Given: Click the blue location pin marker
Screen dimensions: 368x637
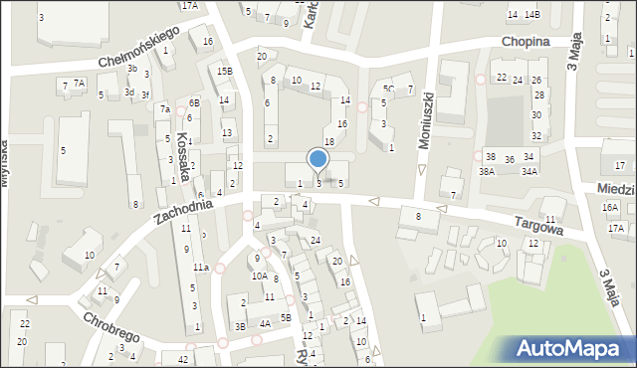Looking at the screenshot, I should [318, 159].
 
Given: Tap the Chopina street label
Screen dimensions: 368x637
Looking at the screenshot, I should [527, 42].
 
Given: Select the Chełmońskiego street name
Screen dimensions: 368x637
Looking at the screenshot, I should [138, 48].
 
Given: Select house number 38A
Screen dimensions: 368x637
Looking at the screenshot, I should [486, 171].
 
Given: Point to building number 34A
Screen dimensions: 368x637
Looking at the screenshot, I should [530, 171].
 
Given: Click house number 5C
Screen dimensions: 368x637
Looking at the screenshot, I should [388, 90].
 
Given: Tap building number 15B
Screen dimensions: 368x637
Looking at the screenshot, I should [226, 71].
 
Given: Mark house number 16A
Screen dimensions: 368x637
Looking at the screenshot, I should [610, 207].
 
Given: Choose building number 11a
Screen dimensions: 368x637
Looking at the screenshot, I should [200, 268].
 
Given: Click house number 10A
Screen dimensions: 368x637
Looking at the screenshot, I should [259, 276].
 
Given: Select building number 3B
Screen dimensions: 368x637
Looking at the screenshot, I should [240, 326].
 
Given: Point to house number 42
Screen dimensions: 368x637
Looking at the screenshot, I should [182, 358].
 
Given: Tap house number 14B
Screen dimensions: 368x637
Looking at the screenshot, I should [533, 14].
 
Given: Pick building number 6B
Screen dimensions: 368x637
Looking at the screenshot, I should [195, 102].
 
